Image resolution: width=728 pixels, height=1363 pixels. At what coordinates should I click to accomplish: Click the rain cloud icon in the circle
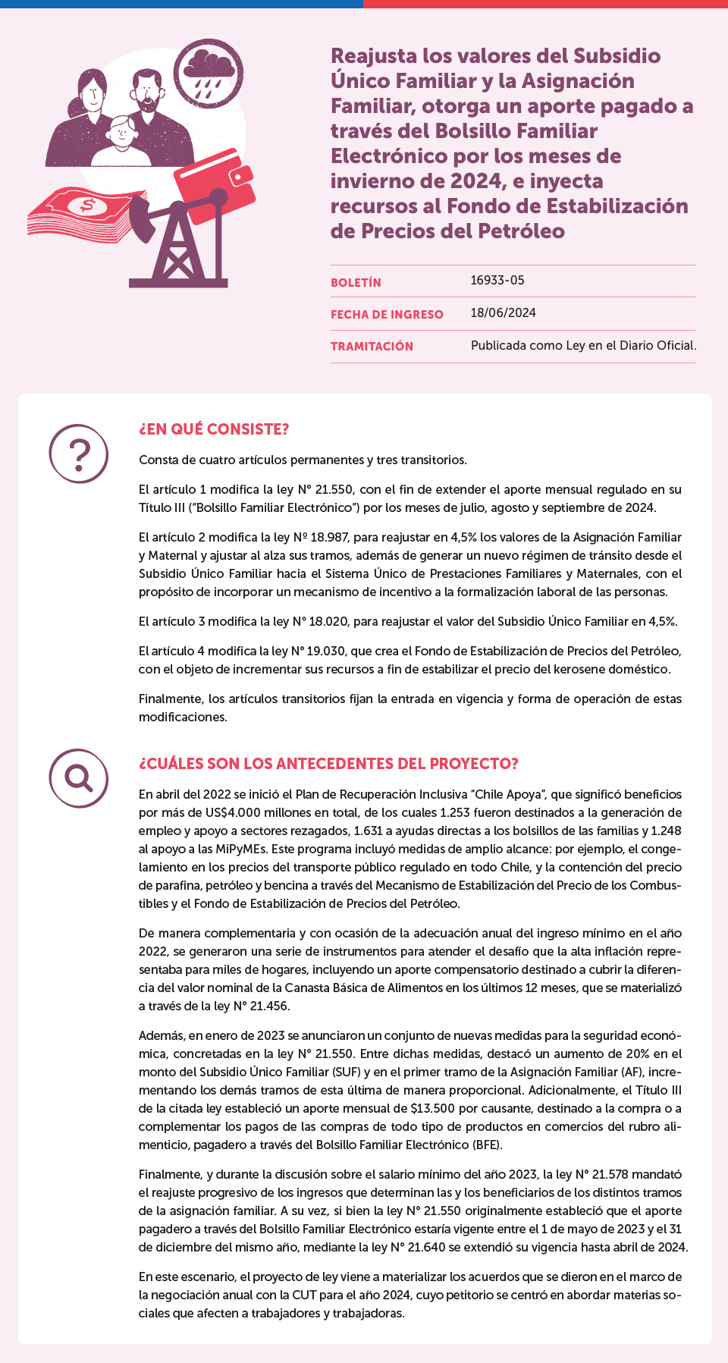click(x=208, y=73)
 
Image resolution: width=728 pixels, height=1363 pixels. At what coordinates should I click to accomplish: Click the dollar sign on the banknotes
click(x=87, y=205)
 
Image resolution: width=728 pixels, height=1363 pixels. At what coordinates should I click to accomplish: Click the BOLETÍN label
click(x=356, y=282)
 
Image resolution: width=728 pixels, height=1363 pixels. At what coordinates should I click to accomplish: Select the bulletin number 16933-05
click(x=497, y=281)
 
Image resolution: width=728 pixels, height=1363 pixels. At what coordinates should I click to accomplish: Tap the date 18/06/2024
click(x=503, y=312)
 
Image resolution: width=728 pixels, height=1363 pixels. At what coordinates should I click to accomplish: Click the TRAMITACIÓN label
click(x=372, y=346)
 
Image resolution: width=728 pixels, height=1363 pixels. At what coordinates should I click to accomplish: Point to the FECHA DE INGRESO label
click(x=387, y=314)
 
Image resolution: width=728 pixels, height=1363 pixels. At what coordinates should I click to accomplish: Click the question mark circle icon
click(x=79, y=454)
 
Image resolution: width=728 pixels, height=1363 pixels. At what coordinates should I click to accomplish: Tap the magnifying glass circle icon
click(x=79, y=778)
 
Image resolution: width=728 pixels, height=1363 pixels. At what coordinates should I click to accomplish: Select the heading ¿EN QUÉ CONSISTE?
click(x=214, y=429)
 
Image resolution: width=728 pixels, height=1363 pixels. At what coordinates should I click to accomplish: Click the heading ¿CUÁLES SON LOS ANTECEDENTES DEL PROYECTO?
click(x=328, y=764)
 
